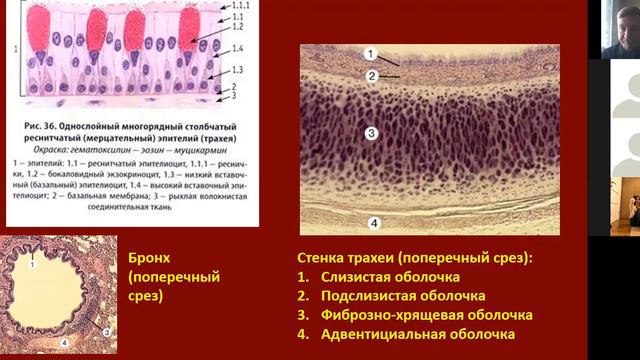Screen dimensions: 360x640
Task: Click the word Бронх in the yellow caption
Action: (152, 255)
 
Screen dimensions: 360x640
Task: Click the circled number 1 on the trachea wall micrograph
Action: (370, 53)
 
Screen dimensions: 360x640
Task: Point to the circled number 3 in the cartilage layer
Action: (371, 132)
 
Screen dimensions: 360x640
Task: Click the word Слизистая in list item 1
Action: (360, 275)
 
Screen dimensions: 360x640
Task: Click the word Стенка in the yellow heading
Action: (325, 256)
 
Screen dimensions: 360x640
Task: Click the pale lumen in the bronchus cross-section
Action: (58, 295)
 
